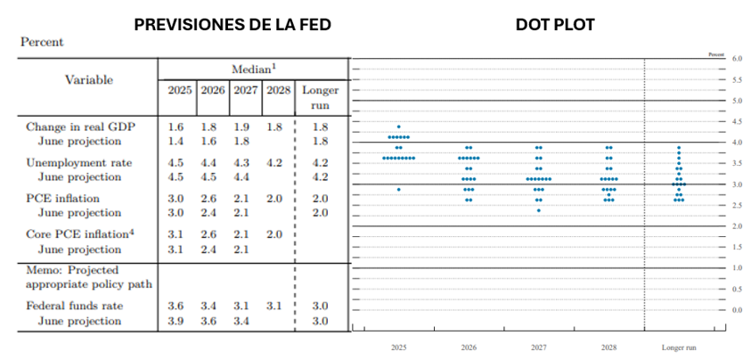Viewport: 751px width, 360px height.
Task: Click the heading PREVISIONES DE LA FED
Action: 233,25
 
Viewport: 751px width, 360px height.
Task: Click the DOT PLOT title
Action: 555,25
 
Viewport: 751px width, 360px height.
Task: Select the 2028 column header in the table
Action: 279,91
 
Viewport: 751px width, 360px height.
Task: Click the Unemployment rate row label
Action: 79,163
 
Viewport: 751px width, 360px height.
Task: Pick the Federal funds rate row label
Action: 75,306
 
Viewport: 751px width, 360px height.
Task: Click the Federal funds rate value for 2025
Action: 176,306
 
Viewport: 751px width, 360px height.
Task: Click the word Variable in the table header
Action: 89,79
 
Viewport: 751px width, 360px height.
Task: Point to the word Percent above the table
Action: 42,42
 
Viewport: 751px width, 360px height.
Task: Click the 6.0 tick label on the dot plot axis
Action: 737,59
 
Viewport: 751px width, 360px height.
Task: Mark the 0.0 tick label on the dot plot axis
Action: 737,310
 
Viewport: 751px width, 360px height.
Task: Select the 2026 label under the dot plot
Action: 469,346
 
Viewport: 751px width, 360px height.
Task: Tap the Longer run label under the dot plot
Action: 678,346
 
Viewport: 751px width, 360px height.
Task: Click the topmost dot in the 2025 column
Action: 399,127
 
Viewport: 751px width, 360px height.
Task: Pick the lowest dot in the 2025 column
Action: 399,189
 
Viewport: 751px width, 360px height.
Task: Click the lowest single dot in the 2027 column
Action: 538,210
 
